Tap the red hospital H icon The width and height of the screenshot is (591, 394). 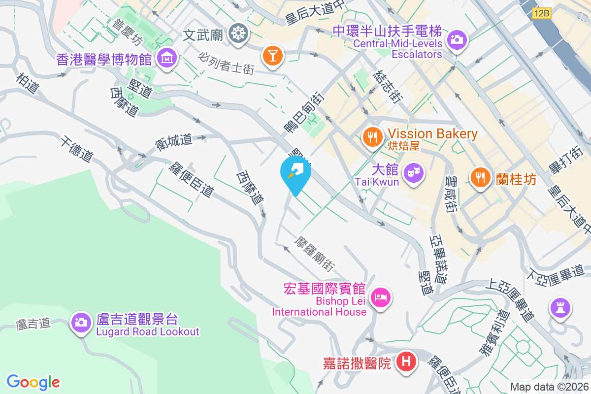[406, 362]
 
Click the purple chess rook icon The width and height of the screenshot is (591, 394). [560, 308]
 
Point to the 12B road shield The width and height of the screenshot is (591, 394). [541, 14]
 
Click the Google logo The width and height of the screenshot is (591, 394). [33, 382]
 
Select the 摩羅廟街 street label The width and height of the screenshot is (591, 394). [315, 253]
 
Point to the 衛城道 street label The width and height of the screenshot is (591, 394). [173, 141]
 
